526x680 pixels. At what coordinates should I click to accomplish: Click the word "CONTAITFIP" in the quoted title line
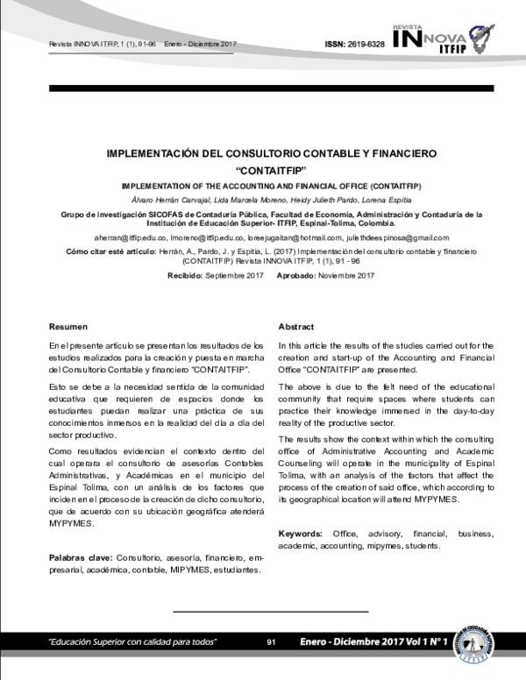click(264, 170)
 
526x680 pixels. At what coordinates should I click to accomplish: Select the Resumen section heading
click(68, 326)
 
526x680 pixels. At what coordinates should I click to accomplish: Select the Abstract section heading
click(295, 326)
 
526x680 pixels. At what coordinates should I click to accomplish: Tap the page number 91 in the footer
click(271, 643)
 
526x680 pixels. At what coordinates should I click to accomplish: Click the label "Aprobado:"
click(302, 275)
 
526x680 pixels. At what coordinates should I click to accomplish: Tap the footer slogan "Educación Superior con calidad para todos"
click(132, 643)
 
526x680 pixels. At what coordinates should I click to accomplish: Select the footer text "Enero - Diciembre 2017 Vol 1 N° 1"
click(373, 643)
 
